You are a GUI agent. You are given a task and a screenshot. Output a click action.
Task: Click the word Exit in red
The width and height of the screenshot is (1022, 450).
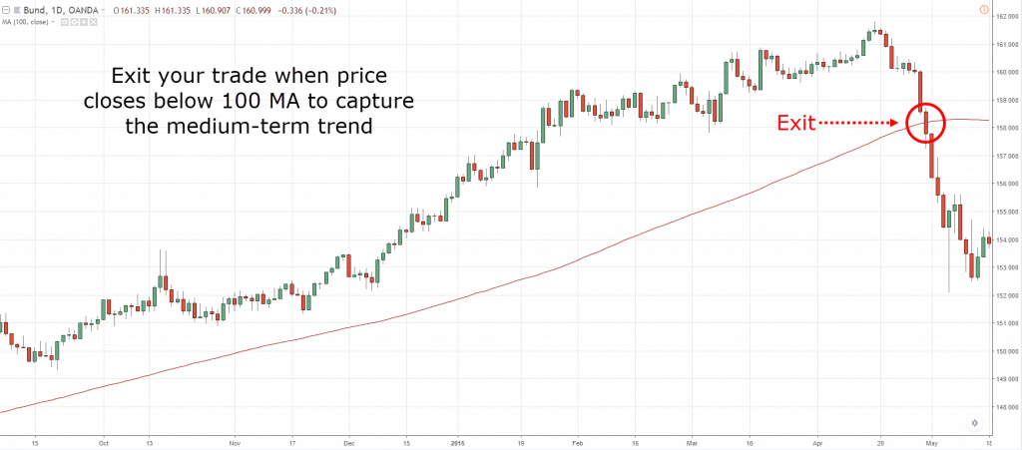797,124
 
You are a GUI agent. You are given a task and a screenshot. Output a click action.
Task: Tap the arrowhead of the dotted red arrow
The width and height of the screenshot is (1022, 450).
897,124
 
